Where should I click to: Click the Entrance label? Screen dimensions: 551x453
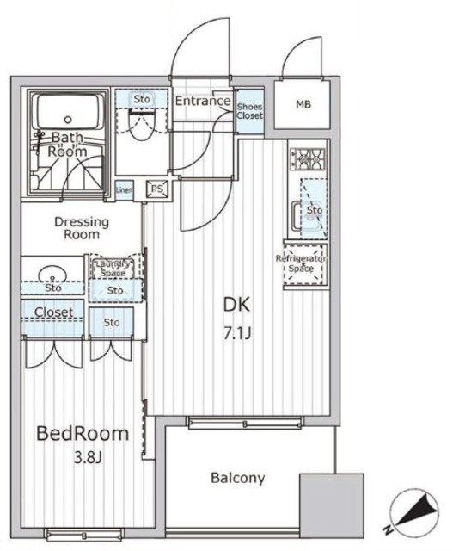click(x=202, y=102)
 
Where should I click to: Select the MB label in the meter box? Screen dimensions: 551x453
click(x=303, y=106)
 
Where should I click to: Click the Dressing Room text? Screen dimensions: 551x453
click(x=82, y=227)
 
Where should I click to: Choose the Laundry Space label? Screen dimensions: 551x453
click(x=113, y=268)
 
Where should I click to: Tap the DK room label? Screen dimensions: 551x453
click(x=236, y=305)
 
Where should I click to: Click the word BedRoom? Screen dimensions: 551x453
click(x=83, y=433)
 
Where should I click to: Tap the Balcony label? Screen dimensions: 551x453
click(x=237, y=478)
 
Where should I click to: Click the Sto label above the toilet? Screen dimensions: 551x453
click(x=141, y=101)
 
